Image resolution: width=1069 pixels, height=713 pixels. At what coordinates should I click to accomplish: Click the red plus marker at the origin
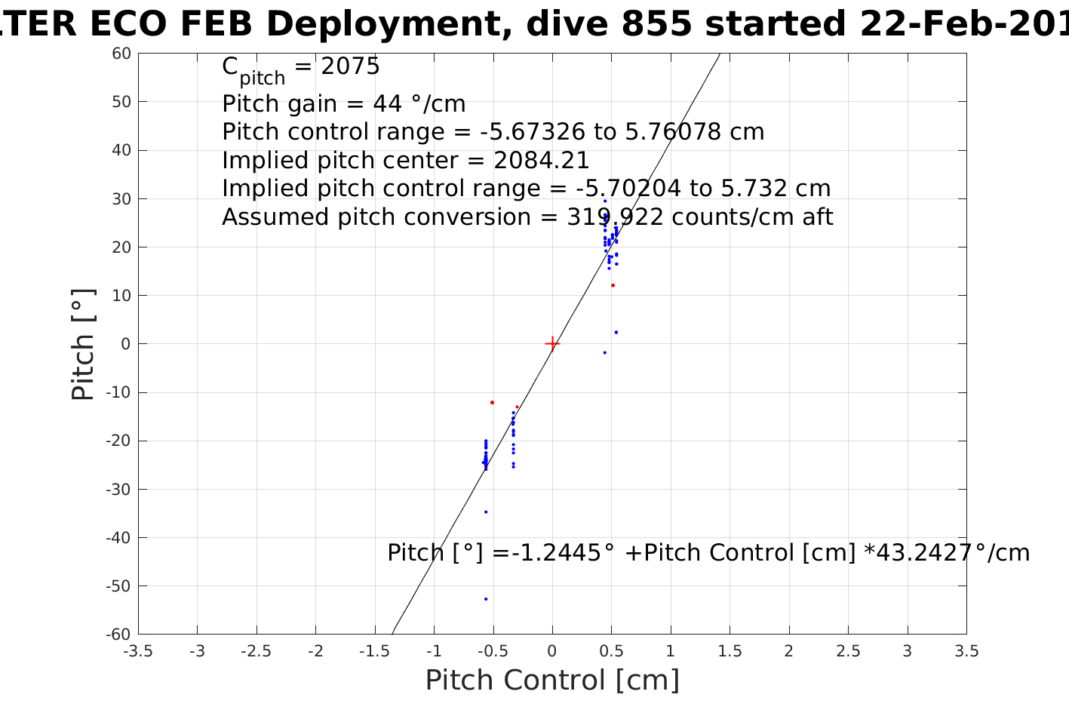coord(552,344)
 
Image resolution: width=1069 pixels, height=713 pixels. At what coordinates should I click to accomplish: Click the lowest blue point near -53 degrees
coord(486,599)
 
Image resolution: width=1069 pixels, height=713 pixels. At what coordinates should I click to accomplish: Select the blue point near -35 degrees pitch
coord(486,512)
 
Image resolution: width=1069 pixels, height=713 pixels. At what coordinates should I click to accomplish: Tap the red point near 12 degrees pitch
coord(613,285)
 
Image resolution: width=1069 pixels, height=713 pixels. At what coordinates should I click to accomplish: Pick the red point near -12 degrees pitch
coord(492,402)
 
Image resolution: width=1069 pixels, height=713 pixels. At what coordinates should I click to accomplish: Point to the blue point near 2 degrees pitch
coord(616,332)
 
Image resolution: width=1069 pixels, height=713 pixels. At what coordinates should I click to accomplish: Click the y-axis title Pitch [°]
coord(84,344)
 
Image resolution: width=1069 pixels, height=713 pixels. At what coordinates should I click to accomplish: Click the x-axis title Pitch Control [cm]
coord(552,681)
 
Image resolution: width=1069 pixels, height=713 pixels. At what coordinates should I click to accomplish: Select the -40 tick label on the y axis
coord(118,538)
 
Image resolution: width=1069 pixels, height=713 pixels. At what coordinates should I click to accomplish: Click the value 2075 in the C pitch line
coord(350,66)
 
